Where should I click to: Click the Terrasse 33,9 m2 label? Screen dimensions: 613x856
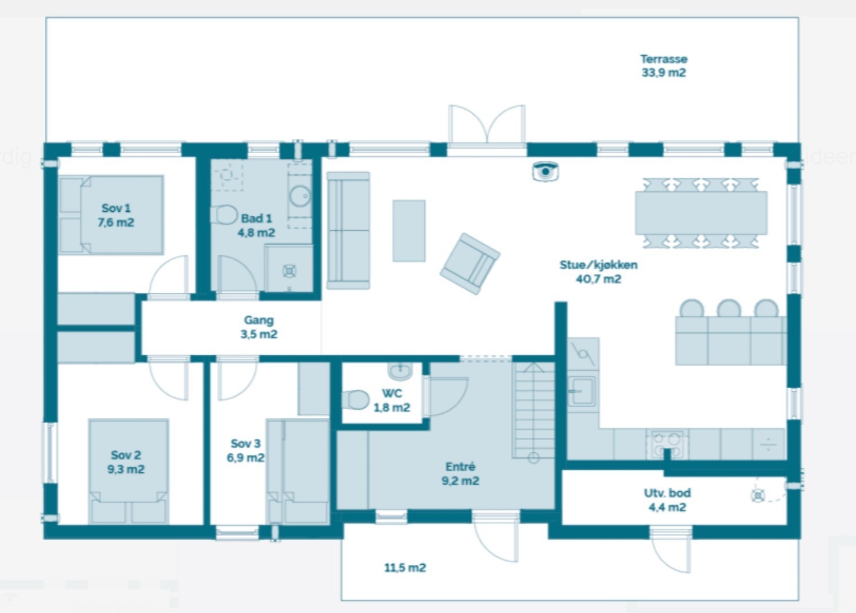pyautogui.click(x=664, y=65)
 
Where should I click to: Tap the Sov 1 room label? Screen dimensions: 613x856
pyautogui.click(x=116, y=215)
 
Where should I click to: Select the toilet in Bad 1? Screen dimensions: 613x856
pyautogui.click(x=225, y=214)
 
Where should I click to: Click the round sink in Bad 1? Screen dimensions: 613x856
pyautogui.click(x=299, y=196)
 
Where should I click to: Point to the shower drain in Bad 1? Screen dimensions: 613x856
pyautogui.click(x=290, y=270)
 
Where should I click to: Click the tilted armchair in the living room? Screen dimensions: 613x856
pyautogui.click(x=470, y=263)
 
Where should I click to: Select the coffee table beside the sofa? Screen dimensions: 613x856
pyautogui.click(x=409, y=230)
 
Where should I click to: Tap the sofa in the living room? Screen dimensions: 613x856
pyautogui.click(x=348, y=230)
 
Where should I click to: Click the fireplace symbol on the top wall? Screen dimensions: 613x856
pyautogui.click(x=545, y=171)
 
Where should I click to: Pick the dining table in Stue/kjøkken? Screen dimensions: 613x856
pyautogui.click(x=700, y=212)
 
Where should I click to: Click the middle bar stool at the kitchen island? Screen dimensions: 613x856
pyautogui.click(x=729, y=309)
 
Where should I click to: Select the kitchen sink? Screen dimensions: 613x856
pyautogui.click(x=582, y=391)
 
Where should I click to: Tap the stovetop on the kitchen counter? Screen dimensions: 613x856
pyautogui.click(x=667, y=443)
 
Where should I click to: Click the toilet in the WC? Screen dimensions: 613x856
pyautogui.click(x=356, y=399)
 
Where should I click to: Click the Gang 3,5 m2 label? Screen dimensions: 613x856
pyautogui.click(x=258, y=327)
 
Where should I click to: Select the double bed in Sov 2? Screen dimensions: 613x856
pyautogui.click(x=128, y=471)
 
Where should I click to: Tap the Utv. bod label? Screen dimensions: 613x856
pyautogui.click(x=667, y=500)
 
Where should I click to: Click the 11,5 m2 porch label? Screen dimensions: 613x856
pyautogui.click(x=405, y=568)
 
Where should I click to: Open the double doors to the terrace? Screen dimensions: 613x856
pyautogui.click(x=487, y=125)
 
